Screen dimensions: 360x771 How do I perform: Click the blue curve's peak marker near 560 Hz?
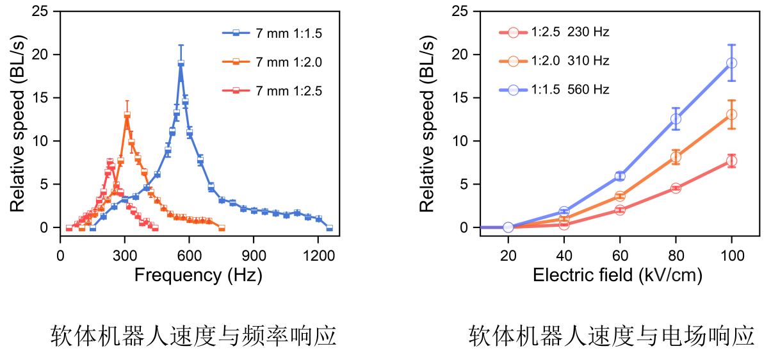click(181, 63)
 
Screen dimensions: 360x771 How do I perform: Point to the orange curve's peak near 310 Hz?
click(127, 115)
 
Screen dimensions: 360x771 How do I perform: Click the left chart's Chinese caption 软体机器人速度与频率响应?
click(193, 336)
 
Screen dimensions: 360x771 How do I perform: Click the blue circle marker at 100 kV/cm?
click(731, 63)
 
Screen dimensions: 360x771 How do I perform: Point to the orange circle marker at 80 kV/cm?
click(676, 157)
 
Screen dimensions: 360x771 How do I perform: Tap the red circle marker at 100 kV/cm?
click(731, 161)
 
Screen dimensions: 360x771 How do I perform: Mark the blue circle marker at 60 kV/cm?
click(620, 176)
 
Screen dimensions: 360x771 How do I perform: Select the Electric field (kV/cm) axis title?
click(617, 275)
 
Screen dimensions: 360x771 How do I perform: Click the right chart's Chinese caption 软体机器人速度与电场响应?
click(611, 336)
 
